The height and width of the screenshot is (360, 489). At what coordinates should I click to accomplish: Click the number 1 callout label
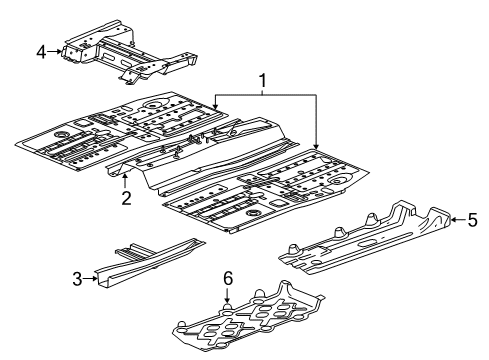pos(264,79)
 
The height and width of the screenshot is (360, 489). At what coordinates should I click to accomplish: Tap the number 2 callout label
pos(127,198)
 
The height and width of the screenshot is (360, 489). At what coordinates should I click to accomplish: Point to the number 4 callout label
pos(41,50)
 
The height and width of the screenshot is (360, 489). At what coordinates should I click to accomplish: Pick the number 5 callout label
pos(473,222)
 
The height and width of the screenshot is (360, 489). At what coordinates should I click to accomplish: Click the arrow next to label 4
pos(56,50)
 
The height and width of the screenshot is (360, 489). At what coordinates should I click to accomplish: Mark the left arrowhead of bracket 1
pos(215,104)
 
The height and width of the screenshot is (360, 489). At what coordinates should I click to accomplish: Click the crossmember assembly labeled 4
pos(120,50)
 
